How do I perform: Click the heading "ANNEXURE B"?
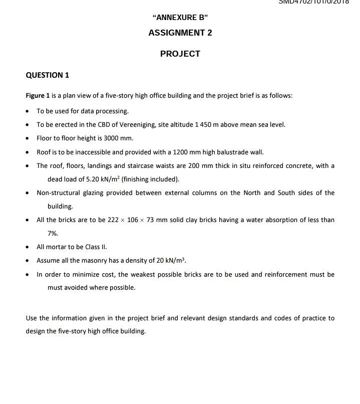coord(180,18)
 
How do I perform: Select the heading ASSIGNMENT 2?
coord(180,33)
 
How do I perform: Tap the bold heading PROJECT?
coord(180,54)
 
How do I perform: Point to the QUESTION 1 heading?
coord(48,75)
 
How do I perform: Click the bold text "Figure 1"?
coord(38,96)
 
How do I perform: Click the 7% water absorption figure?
coord(53,234)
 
